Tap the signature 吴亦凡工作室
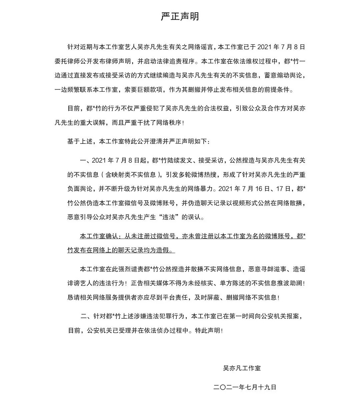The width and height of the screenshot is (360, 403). [x=242, y=368]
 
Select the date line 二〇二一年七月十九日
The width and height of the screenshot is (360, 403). [x=245, y=387]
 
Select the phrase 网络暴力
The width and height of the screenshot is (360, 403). [x=199, y=188]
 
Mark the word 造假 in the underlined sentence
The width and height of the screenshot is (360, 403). [x=163, y=250]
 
